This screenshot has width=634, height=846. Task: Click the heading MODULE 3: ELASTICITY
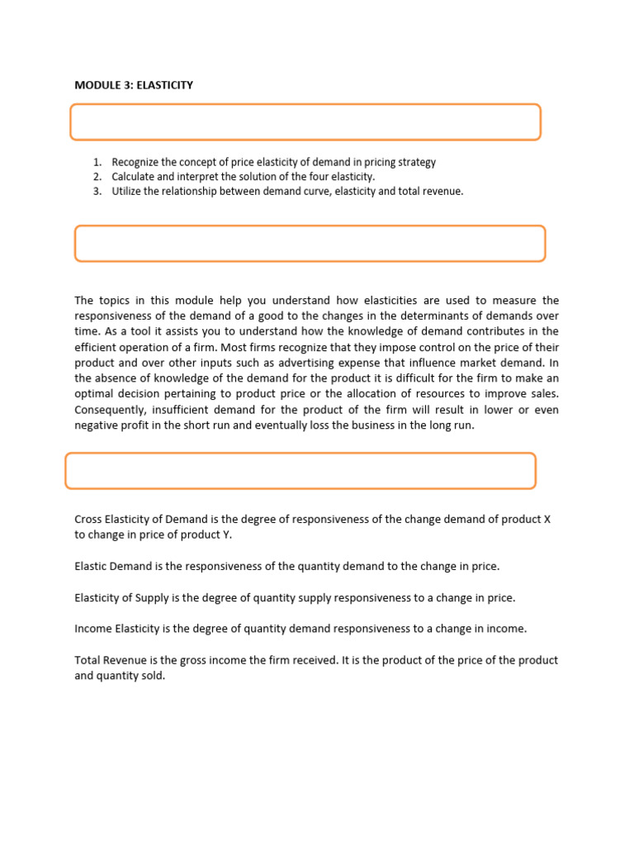[x=134, y=85]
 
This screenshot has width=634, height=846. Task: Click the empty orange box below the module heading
[x=305, y=122]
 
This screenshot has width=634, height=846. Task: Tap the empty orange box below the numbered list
[x=310, y=244]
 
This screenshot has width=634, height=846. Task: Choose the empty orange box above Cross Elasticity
[x=300, y=471]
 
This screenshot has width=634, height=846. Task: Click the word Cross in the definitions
[x=88, y=520]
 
